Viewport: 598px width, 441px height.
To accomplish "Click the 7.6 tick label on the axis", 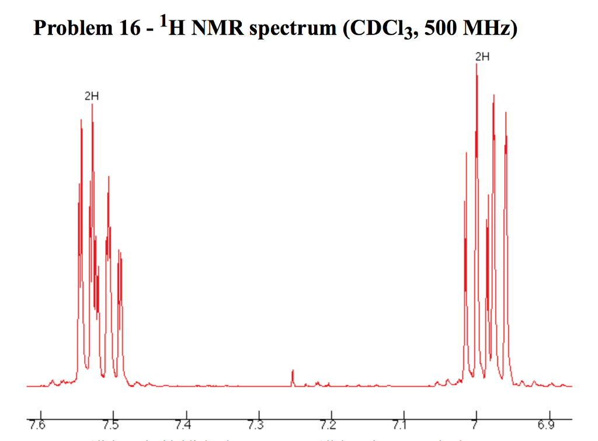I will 39,423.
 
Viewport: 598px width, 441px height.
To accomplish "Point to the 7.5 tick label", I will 111,423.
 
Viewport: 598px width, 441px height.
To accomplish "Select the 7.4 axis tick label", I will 183,423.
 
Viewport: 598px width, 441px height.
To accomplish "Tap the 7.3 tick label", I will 256,423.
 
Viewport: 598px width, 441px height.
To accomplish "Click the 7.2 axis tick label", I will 329,423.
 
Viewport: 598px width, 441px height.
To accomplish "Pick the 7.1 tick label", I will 401,423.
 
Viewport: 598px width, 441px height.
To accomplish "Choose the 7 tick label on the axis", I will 475,423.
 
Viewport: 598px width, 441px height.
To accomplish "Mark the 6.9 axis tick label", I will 548,423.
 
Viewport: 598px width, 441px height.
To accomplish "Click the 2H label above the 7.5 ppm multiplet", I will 92,97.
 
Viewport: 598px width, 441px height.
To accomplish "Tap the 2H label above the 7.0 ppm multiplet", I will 482,57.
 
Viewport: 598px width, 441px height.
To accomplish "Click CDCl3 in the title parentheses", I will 378,29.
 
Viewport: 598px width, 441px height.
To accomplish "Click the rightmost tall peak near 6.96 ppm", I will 506,114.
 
